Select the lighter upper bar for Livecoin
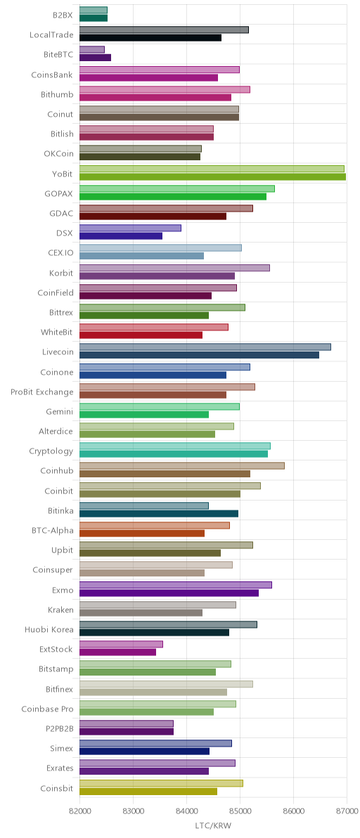pyautogui.click(x=205, y=347)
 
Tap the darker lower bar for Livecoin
pyautogui.click(x=199, y=355)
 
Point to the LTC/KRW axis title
pyautogui.click(x=213, y=827)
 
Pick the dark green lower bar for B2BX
pyautogui.click(x=94, y=18)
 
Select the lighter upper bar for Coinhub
pyautogui.click(x=182, y=465)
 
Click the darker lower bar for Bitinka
pyautogui.click(x=159, y=513)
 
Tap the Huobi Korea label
pyautogui.click(x=49, y=629)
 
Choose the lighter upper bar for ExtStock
pyautogui.click(x=121, y=644)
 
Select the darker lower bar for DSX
pyautogui.click(x=121, y=236)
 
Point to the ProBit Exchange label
pyautogui.click(x=41, y=392)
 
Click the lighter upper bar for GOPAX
pyautogui.click(x=177, y=188)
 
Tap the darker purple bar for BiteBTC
pyautogui.click(x=95, y=58)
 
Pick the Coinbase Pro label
pyautogui.click(x=47, y=709)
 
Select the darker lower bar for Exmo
pyautogui.click(x=169, y=592)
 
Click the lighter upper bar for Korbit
pyautogui.click(x=174, y=268)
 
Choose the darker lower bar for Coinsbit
pyautogui.click(x=148, y=791)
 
